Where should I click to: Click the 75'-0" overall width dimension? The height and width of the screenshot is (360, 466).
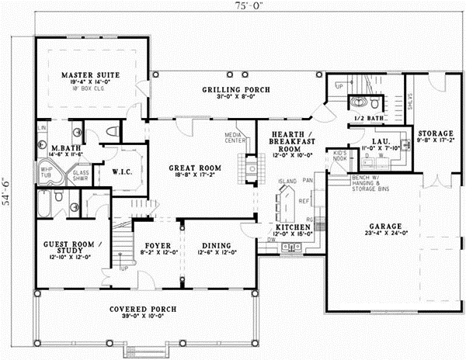click(x=230, y=8)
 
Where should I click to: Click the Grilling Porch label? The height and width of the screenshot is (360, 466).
click(x=237, y=90)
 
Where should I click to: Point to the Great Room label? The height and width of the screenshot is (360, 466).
click(x=196, y=167)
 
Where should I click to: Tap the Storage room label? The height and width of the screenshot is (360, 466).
click(x=435, y=133)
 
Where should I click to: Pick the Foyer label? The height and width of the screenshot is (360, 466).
click(x=151, y=241)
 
